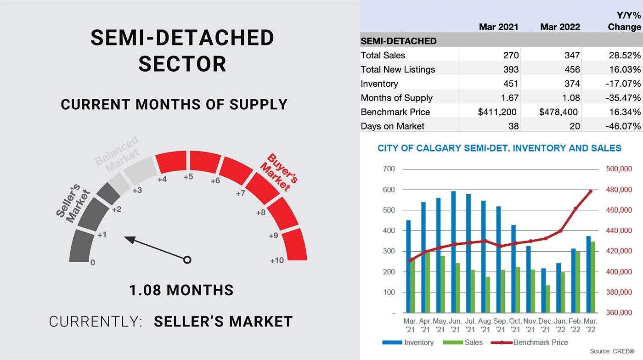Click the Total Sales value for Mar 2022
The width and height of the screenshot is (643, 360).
pos(572,55)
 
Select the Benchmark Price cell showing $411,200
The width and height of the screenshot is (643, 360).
pos(497,112)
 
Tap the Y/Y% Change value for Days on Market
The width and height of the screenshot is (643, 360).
pos(623,126)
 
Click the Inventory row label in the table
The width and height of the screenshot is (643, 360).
pos(379,84)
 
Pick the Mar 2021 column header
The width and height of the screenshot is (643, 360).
pos(499,27)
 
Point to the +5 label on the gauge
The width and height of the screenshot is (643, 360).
pos(188,177)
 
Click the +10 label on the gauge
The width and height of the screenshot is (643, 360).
pos(276,260)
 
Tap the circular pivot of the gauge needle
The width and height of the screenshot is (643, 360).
pos(187,260)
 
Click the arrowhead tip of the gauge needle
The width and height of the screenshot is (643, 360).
pos(124,237)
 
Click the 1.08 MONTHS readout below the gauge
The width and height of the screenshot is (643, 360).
pos(181,290)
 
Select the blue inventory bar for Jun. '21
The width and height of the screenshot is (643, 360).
pos(453,252)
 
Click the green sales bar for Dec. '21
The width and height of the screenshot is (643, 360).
pos(547,299)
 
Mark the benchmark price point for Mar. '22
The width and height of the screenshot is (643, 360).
pos(591,191)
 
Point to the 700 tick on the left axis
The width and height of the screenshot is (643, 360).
pos(389,169)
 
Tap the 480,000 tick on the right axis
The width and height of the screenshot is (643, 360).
pos(619,190)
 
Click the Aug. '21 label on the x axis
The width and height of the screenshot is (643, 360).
pos(485,325)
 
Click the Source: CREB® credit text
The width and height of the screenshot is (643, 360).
pos(612,351)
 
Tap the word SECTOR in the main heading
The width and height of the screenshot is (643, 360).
pos(182,64)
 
